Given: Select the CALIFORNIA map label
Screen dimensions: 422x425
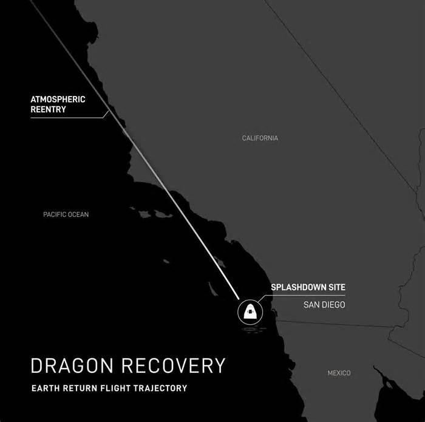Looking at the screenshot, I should [260, 138].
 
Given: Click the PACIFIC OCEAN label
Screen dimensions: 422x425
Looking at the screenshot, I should [66, 214].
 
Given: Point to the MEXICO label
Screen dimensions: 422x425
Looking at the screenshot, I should [339, 373].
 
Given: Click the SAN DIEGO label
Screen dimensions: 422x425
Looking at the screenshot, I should [324, 304].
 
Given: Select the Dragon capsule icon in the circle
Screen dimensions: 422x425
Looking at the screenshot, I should [248, 312].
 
